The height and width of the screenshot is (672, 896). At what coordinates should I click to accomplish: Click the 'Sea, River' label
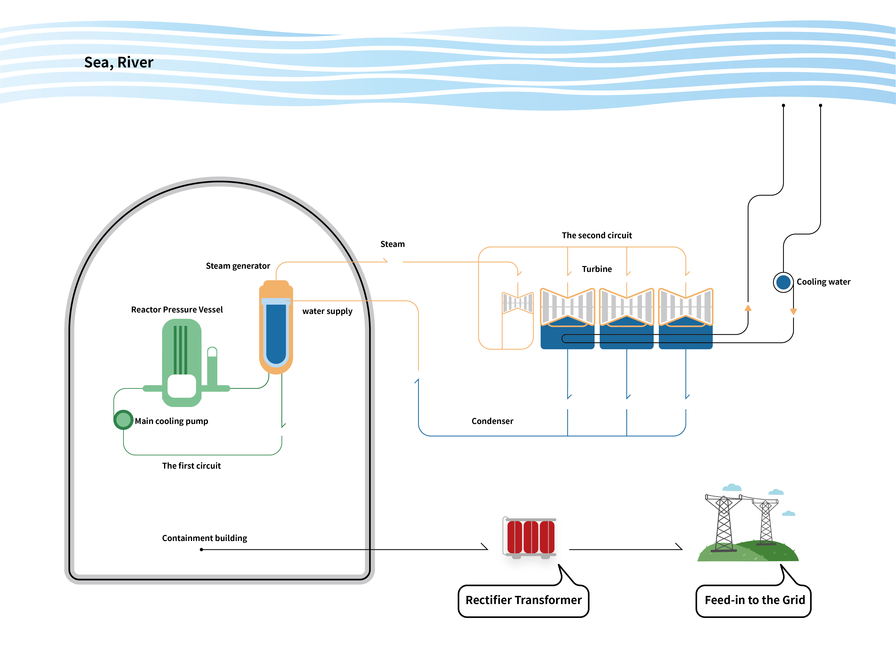tap(119, 62)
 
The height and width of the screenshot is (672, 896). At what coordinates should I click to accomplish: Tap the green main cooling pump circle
tap(123, 420)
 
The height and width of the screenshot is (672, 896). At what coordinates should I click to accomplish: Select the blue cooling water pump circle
tap(783, 282)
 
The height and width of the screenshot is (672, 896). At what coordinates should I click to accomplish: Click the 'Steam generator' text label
tap(238, 266)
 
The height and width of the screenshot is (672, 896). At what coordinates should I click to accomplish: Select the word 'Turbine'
tap(597, 269)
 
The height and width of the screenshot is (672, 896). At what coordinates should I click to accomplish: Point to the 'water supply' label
tap(327, 311)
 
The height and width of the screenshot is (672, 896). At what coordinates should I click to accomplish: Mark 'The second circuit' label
tap(597, 236)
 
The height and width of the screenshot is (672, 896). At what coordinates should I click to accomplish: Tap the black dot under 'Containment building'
tap(201, 550)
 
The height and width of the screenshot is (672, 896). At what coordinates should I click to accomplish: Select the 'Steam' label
tap(392, 244)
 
